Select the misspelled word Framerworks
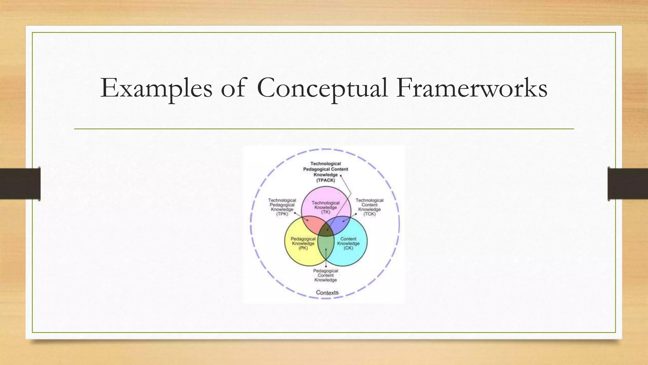pyautogui.click(x=471, y=88)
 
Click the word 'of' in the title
pyautogui.click(x=233, y=88)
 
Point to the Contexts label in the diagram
pyautogui.click(x=327, y=293)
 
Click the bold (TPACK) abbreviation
pyautogui.click(x=326, y=180)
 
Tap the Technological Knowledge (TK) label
pyautogui.click(x=326, y=208)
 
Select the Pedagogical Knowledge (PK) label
pyautogui.click(x=303, y=243)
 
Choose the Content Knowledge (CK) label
pyautogui.click(x=348, y=243)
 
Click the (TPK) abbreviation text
pyautogui.click(x=282, y=214)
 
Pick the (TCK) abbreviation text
pyautogui.click(x=369, y=214)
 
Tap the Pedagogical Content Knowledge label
pyautogui.click(x=326, y=275)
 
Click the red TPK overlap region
pyautogui.click(x=312, y=224)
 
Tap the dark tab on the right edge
pyautogui.click(x=628, y=184)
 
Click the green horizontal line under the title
pyautogui.click(x=324, y=129)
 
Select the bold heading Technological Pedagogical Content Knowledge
pyautogui.click(x=326, y=169)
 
